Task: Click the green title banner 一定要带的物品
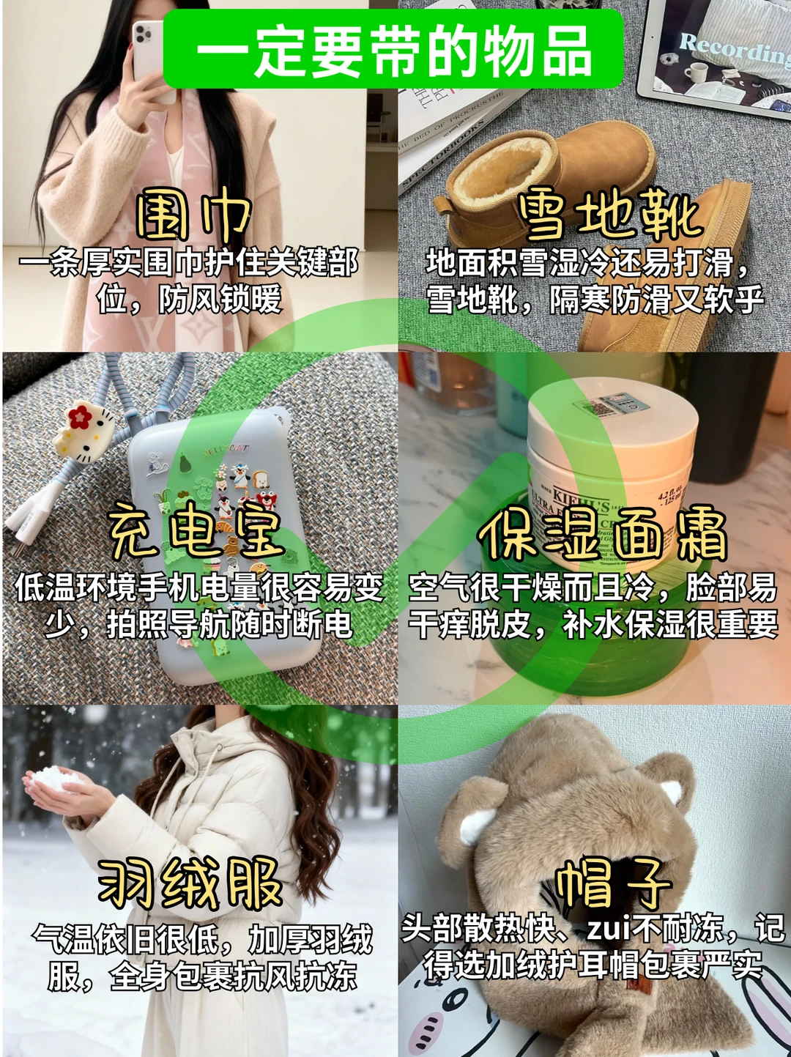[x=393, y=49]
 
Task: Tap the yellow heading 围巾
[x=193, y=217]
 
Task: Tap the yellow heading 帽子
[x=612, y=882]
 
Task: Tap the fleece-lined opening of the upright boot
[x=502, y=168]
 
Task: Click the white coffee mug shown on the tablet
[x=696, y=73]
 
